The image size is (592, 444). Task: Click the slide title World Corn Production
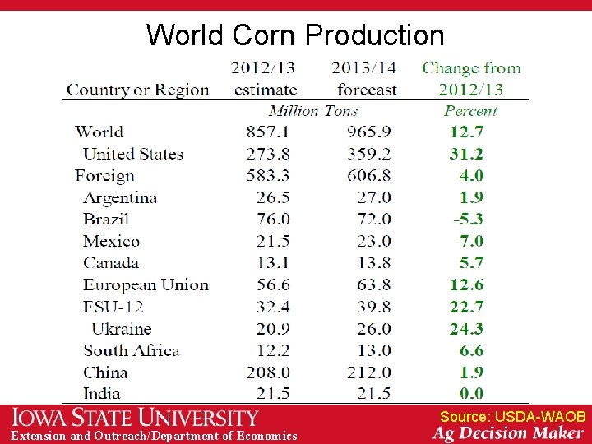tap(295, 35)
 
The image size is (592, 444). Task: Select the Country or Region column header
tap(138, 90)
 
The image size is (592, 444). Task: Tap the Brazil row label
tap(106, 219)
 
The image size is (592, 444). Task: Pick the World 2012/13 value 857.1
tap(268, 132)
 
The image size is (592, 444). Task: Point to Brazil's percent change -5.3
tap(468, 219)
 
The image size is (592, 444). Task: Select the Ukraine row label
tap(122, 328)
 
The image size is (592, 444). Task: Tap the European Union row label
tap(146, 284)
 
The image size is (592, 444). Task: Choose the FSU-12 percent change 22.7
tap(466, 307)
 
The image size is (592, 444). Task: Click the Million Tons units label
tap(313, 110)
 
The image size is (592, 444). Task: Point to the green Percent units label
tap(471, 110)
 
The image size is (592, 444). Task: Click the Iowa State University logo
tap(135, 418)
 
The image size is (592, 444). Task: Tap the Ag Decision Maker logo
tap(509, 433)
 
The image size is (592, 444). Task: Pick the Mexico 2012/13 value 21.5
tap(273, 241)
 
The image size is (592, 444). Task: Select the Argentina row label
tap(120, 197)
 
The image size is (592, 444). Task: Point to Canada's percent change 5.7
tap(471, 263)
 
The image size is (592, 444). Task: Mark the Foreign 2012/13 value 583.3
tap(268, 175)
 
